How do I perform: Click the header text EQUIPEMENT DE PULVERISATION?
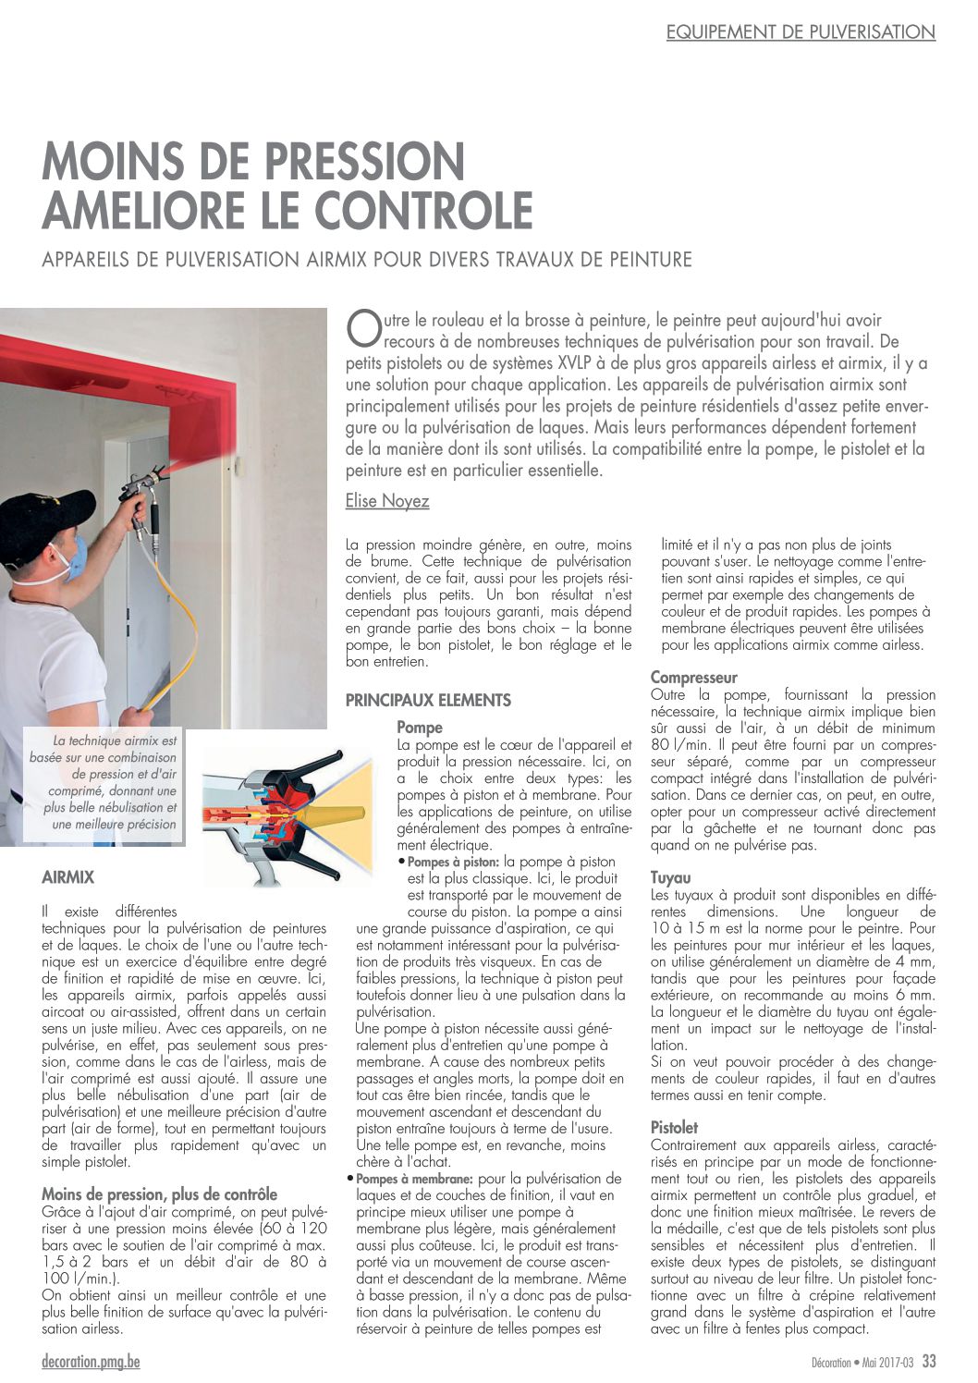point(801,32)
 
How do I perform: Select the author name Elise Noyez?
point(387,501)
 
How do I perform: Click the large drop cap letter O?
point(361,329)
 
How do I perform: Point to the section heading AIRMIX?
point(68,876)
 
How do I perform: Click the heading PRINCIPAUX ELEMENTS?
point(428,700)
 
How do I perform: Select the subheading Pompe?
point(420,728)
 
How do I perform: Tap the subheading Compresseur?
point(693,678)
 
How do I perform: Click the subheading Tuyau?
point(670,877)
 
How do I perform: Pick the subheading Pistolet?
point(674,1128)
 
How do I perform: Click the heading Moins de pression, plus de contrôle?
point(159,1194)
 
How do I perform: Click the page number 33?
point(928,1362)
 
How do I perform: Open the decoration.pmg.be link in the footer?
point(91,1362)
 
